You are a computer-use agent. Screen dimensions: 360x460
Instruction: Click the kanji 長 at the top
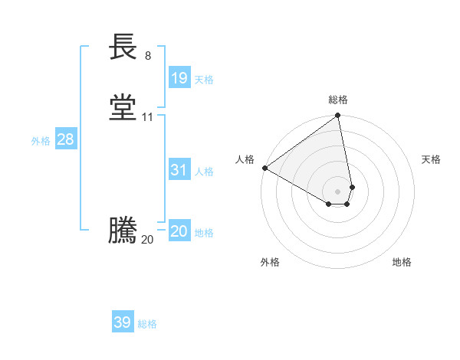(x=123, y=47)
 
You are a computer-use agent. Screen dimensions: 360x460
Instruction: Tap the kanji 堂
(x=123, y=107)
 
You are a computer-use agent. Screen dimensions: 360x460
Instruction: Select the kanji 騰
(x=123, y=231)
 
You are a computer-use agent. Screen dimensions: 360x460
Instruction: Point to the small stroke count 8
(x=148, y=56)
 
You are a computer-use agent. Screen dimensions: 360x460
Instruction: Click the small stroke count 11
(x=148, y=117)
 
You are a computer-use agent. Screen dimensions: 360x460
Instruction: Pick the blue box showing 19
(x=179, y=77)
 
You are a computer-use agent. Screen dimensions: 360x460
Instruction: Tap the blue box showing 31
(x=179, y=170)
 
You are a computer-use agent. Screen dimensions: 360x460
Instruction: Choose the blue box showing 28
(x=65, y=139)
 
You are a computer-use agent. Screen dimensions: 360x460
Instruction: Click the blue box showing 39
(x=123, y=322)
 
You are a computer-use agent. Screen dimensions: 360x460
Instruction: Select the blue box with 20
(x=179, y=231)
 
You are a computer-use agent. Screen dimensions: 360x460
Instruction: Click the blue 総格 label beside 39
(x=147, y=324)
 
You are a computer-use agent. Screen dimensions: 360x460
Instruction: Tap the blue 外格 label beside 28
(x=41, y=141)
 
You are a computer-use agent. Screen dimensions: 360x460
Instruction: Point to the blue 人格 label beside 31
(x=204, y=172)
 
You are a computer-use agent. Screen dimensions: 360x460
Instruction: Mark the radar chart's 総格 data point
(x=337, y=116)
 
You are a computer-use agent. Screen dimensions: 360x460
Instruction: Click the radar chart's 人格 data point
(x=264, y=168)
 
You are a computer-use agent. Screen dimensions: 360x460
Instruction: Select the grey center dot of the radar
(x=337, y=191)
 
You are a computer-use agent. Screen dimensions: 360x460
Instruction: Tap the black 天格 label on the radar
(x=431, y=159)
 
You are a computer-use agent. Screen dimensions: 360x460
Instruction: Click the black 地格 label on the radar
(x=402, y=262)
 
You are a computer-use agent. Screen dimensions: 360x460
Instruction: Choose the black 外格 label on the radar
(x=270, y=262)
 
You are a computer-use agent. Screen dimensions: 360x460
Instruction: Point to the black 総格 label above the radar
(x=337, y=100)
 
